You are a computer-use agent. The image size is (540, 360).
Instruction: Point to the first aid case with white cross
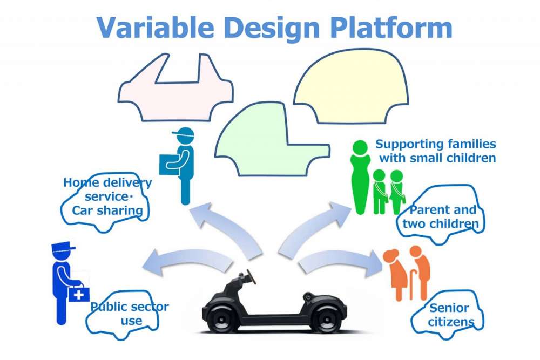[79, 294]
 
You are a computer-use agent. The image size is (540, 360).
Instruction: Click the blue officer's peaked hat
[63, 249]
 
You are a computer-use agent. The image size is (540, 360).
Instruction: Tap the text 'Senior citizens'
[448, 315]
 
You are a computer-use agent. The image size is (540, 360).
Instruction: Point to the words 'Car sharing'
[107, 210]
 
